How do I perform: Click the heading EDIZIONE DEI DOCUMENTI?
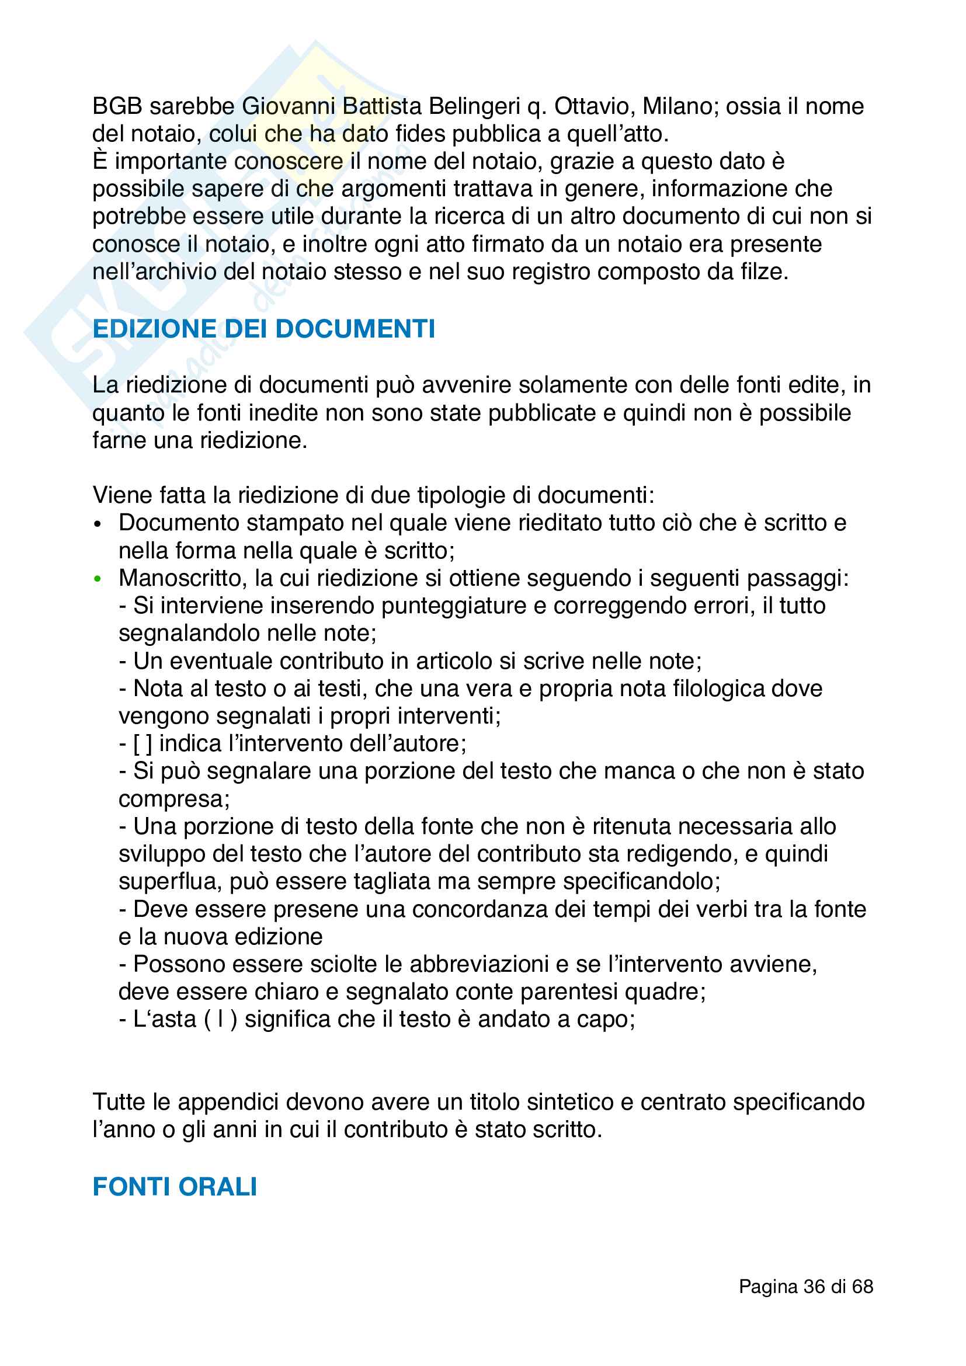click(263, 329)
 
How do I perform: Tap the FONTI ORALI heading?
click(175, 1187)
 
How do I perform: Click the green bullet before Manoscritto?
click(98, 579)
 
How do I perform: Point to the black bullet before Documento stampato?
click(98, 524)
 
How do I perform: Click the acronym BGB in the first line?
click(117, 106)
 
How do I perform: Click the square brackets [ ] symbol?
click(143, 743)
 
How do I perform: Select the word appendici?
click(228, 1102)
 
